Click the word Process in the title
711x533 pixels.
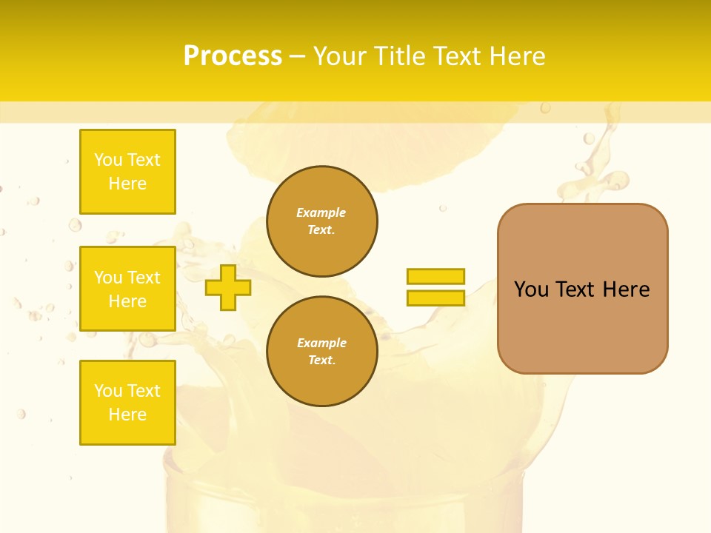click(x=233, y=56)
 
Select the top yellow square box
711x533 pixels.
click(x=127, y=172)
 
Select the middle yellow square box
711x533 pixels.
click(x=127, y=289)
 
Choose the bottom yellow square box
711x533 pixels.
click(x=127, y=402)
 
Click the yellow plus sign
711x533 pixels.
click(x=227, y=287)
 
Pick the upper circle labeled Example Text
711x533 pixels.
click(x=322, y=221)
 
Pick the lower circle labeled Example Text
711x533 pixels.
click(x=322, y=352)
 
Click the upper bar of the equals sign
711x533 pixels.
click(x=435, y=276)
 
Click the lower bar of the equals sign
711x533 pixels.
click(x=435, y=298)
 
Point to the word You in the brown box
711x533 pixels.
click(x=531, y=289)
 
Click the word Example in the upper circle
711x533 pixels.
click(x=321, y=212)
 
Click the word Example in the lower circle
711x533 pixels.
click(x=321, y=343)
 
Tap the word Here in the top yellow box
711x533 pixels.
click(x=127, y=184)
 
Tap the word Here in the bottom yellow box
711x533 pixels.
click(x=127, y=415)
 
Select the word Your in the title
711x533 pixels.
click(x=340, y=56)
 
